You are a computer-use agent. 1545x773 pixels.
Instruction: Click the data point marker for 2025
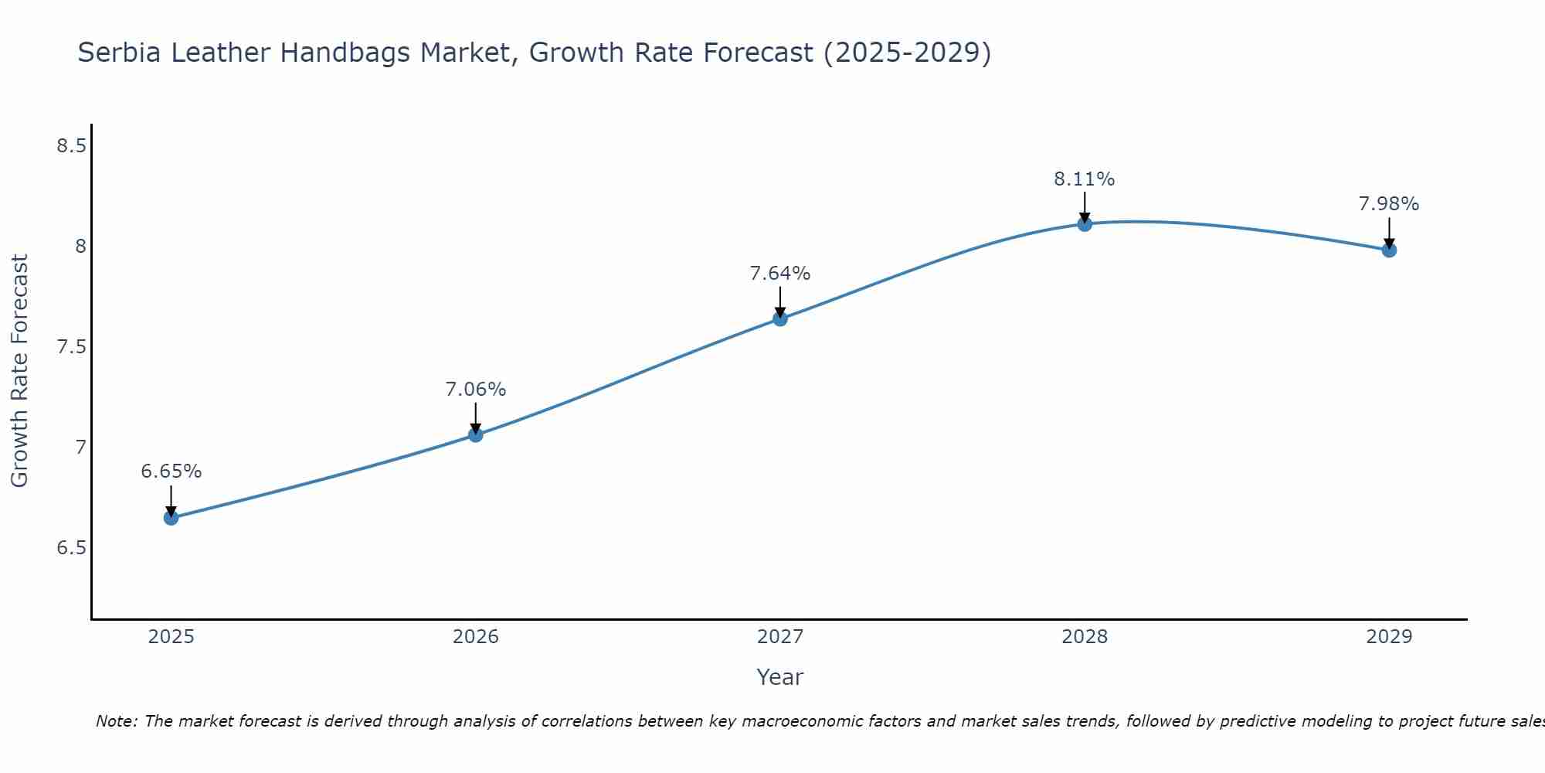point(171,517)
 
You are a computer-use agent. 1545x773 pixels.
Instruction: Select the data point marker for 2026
point(475,434)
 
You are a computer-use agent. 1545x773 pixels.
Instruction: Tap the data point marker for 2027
point(779,318)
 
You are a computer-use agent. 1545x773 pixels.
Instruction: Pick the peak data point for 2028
point(1084,224)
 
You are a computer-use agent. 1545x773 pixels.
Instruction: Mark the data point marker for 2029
point(1388,250)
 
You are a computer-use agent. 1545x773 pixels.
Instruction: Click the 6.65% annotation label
point(171,471)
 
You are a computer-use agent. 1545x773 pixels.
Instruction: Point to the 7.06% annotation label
point(475,389)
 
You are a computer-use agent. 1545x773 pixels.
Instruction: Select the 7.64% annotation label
point(779,273)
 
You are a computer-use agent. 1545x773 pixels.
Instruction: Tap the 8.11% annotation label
point(1084,179)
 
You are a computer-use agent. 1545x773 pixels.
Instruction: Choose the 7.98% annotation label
point(1388,204)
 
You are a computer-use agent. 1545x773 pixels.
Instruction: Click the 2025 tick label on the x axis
point(171,637)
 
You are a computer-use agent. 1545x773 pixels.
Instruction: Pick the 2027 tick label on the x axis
point(779,637)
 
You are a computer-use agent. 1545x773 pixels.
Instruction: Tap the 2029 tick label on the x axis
point(1388,637)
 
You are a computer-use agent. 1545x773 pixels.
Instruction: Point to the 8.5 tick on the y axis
point(71,145)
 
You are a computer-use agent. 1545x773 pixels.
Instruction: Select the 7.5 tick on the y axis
point(71,346)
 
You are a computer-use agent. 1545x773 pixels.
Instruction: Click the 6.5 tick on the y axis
point(71,547)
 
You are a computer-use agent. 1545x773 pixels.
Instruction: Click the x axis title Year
point(779,677)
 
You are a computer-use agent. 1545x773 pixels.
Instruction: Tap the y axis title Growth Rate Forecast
point(20,370)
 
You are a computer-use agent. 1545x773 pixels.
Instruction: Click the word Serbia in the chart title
point(120,53)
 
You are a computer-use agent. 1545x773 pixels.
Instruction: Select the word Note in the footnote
point(115,721)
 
